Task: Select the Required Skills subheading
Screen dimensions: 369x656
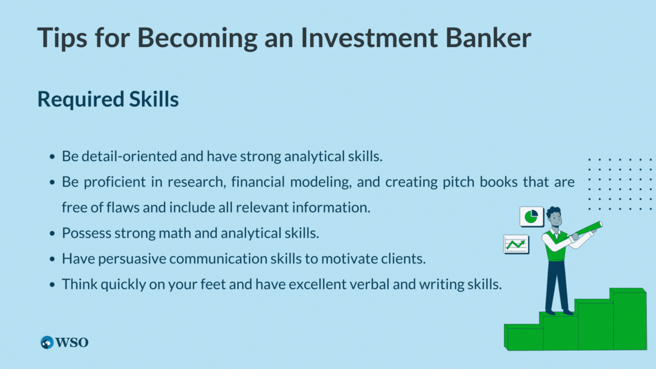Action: coord(108,99)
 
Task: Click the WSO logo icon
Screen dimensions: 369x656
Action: coord(47,343)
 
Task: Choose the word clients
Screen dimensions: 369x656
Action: coord(401,258)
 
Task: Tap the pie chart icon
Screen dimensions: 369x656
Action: coord(531,217)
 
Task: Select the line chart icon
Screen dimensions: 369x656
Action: coord(516,244)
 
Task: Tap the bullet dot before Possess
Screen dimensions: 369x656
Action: coord(53,234)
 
